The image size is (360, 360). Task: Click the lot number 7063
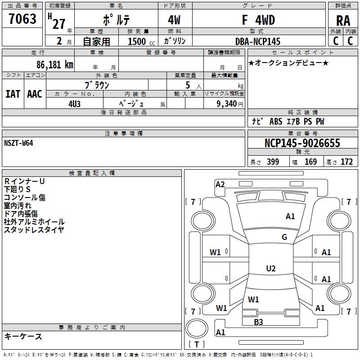pyautogui.click(x=22, y=20)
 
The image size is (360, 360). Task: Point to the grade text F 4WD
pyautogui.click(x=258, y=20)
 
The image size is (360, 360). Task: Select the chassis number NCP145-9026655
pyautogui.click(x=302, y=144)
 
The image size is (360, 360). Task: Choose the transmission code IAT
pyautogui.click(x=13, y=94)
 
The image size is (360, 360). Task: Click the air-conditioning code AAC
pyautogui.click(x=34, y=94)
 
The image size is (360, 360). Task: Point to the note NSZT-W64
pyautogui.click(x=18, y=143)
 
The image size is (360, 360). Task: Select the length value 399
pyautogui.click(x=273, y=162)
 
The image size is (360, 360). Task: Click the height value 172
pyautogui.click(x=346, y=162)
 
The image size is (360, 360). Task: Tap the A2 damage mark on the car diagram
pyautogui.click(x=220, y=184)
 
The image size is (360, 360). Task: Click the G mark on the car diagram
pyautogui.click(x=284, y=237)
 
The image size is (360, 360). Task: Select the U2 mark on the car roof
pyautogui.click(x=271, y=269)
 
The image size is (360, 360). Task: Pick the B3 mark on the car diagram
pyautogui.click(x=258, y=322)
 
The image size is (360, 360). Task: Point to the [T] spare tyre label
pyautogui.click(x=197, y=345)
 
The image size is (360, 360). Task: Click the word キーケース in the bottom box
pyautogui.click(x=23, y=337)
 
